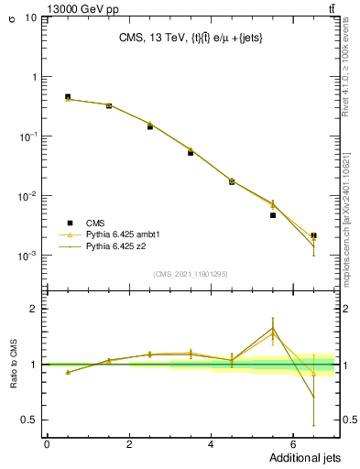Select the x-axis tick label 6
[x=292, y=444]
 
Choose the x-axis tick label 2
[x=129, y=444]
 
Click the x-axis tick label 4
[x=211, y=444]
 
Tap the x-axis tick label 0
[x=48, y=444]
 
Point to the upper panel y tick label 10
[x=30, y=17]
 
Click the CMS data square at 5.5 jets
[x=273, y=215]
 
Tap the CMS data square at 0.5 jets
[x=68, y=96]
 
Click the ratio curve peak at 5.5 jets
[x=273, y=328]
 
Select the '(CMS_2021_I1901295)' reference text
[x=190, y=273]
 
